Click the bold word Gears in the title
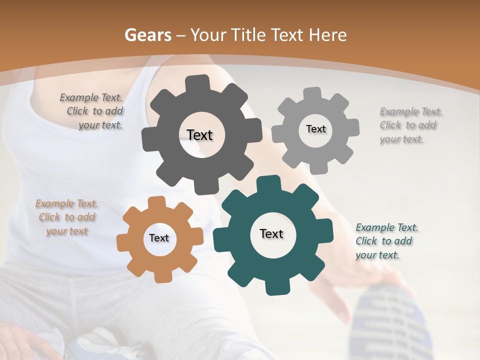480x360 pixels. coord(147,35)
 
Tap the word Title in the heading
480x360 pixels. coord(247,35)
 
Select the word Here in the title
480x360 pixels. coord(328,35)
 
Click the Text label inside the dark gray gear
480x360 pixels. coord(199,135)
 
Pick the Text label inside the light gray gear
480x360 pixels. coord(315,129)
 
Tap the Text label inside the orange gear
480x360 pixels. coord(159,238)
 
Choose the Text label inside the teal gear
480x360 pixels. coord(271,234)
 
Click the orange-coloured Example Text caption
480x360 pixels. coord(67,217)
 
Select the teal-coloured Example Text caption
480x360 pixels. coord(386,241)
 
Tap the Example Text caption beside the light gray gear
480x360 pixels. coord(410,125)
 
